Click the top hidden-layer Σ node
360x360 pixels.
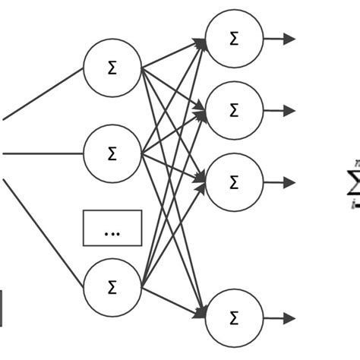click(x=112, y=68)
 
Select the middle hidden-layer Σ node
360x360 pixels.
click(x=112, y=154)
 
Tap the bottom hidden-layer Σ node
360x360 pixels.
click(x=112, y=287)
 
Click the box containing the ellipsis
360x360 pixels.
click(x=112, y=228)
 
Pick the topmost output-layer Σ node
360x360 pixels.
click(x=234, y=39)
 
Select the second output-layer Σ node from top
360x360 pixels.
click(x=234, y=110)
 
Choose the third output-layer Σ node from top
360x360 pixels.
click(x=234, y=182)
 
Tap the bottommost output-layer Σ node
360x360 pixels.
click(x=234, y=317)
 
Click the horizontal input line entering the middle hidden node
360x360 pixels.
click(x=42, y=154)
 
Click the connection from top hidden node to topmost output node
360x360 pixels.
click(x=173, y=53)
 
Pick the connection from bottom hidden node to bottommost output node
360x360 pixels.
click(x=173, y=302)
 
